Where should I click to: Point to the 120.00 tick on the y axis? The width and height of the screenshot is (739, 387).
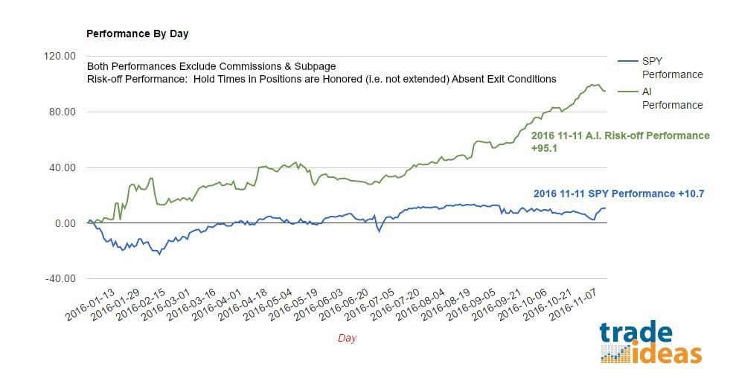coord(60,57)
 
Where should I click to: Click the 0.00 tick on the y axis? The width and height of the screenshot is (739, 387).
coord(64,224)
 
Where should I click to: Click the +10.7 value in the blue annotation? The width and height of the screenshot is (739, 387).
coord(688,193)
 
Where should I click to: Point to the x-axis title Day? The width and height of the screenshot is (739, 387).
coord(347,338)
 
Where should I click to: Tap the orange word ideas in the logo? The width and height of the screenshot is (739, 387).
coord(665,352)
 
